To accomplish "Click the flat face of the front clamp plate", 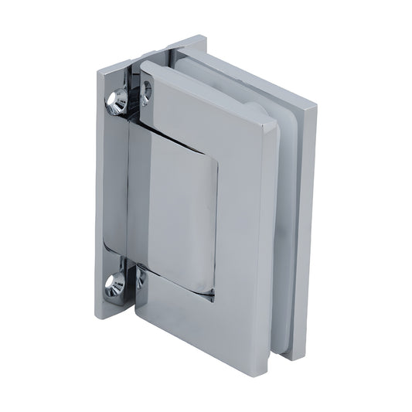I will pos(240,232).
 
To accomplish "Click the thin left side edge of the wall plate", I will pos(100,193).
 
